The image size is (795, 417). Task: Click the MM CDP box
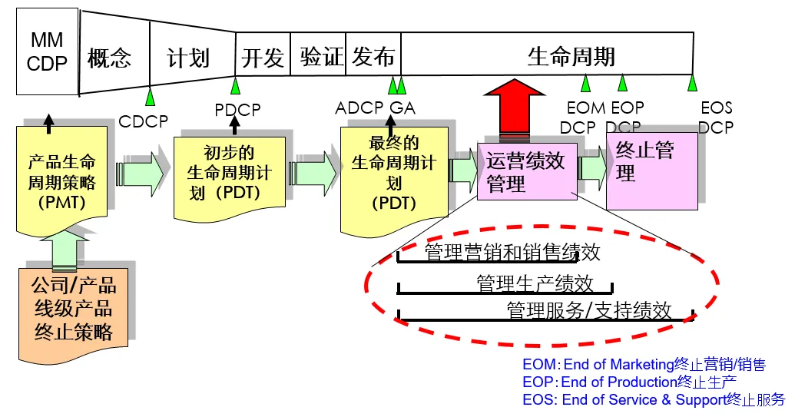[47, 51]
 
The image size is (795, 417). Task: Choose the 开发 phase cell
[263, 57]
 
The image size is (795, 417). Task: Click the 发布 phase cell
[374, 57]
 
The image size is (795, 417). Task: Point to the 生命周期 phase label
[571, 56]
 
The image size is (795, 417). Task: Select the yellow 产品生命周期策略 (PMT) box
[61, 181]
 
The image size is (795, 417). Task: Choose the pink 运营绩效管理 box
[525, 172]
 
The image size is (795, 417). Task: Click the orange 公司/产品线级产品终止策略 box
[73, 309]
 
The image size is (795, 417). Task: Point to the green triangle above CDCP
[151, 98]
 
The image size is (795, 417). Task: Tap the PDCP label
[237, 109]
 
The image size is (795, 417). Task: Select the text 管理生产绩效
[535, 283]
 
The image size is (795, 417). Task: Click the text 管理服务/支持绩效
[589, 310]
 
